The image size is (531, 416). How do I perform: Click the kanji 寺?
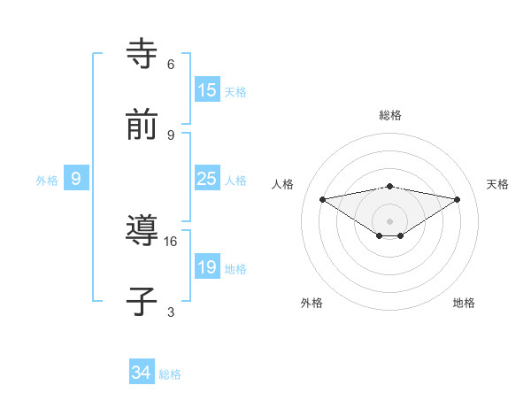[x=142, y=55]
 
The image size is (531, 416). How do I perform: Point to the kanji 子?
[x=142, y=301]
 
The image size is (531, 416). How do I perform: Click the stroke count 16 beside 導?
[x=171, y=241]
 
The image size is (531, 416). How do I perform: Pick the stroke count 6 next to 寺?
[x=171, y=65]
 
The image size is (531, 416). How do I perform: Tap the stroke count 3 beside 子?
[x=171, y=312]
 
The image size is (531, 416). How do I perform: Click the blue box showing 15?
[x=207, y=90]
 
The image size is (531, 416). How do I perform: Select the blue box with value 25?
[x=207, y=179]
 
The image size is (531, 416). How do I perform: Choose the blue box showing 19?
[x=207, y=267]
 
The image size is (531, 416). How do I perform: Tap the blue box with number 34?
[x=142, y=374]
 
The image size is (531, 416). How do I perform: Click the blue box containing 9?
[x=77, y=179]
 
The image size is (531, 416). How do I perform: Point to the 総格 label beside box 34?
[x=170, y=374]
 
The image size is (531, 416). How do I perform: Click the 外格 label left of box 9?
[x=47, y=180]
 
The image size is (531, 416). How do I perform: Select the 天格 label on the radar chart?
[x=497, y=184]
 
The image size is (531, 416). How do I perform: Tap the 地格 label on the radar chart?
[x=464, y=303]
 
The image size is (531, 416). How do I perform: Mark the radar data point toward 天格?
[x=458, y=199]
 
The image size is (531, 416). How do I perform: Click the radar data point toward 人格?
[x=322, y=199]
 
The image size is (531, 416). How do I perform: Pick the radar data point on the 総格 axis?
[x=389, y=186]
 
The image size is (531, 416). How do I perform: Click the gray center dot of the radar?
[x=389, y=221]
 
